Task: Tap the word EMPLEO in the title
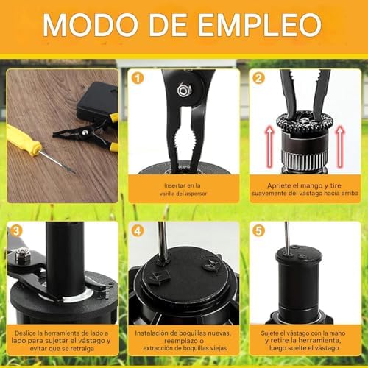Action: pyautogui.click(x=260, y=25)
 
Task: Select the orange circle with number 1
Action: pyautogui.click(x=137, y=78)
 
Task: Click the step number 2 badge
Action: pyautogui.click(x=258, y=78)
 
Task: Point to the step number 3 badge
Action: pyautogui.click(x=16, y=231)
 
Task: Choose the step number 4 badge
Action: pyautogui.click(x=137, y=231)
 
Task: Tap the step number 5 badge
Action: pyautogui.click(x=258, y=231)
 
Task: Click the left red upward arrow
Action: pyautogui.click(x=269, y=146)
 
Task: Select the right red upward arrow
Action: pyautogui.click(x=340, y=146)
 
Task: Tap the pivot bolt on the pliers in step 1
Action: pyautogui.click(x=183, y=90)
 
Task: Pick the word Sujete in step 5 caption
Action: pyautogui.click(x=269, y=333)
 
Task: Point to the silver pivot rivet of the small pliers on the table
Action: pyautogui.click(x=85, y=132)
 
